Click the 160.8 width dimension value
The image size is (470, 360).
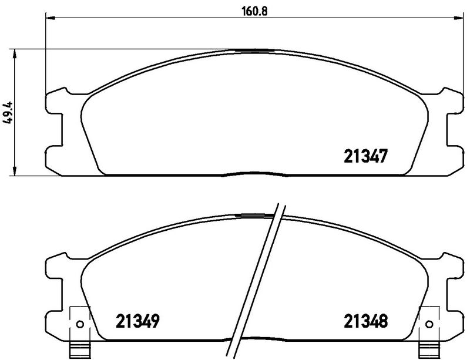252,9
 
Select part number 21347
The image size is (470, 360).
364,156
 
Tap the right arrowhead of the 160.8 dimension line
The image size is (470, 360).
455,19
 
